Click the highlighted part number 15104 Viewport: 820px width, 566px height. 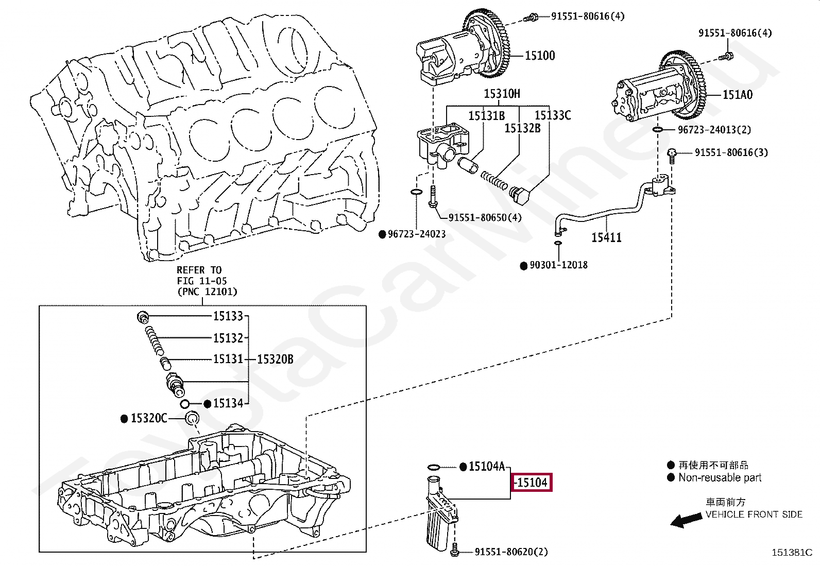pyautogui.click(x=532, y=483)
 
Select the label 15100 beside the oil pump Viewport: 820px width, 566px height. pyautogui.click(x=540, y=56)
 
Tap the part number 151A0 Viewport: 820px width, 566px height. pyautogui.click(x=738, y=95)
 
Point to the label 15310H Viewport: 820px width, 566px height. pyautogui.click(x=502, y=94)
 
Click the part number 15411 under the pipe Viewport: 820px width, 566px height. pyautogui.click(x=607, y=237)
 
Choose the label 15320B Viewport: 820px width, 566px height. pyautogui.click(x=275, y=359)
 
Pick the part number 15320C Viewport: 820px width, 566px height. pyautogui.click(x=149, y=418)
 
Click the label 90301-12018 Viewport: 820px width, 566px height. pyautogui.click(x=559, y=265)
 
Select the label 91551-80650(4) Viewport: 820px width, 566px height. pyautogui.click(x=485, y=217)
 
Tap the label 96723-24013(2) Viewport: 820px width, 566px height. pyautogui.click(x=714, y=130)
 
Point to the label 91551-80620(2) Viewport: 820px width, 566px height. pyautogui.click(x=511, y=552)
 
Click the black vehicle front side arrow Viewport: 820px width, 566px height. pyautogui.click(x=686, y=520)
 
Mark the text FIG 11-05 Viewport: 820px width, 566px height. pyautogui.click(x=202, y=281)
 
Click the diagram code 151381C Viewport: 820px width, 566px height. pyautogui.click(x=792, y=553)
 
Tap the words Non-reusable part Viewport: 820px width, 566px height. pyautogui.click(x=720, y=477)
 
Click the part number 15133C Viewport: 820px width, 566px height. pyautogui.click(x=553, y=115)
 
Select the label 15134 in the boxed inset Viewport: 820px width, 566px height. pyautogui.click(x=228, y=403)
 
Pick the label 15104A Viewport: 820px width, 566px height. pyautogui.click(x=487, y=467)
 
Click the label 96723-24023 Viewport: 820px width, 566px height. pyautogui.click(x=417, y=234)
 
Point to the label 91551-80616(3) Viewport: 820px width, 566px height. pyautogui.click(x=731, y=152)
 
